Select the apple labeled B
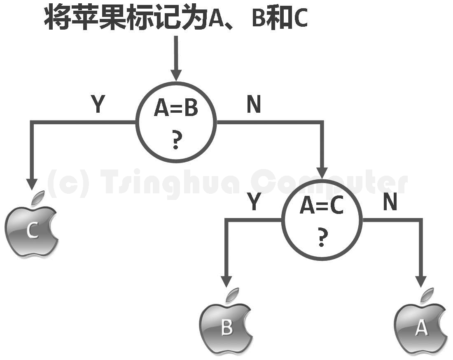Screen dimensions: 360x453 click(x=226, y=328)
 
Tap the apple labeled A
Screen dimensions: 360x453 click(x=420, y=328)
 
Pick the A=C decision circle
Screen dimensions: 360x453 click(x=322, y=220)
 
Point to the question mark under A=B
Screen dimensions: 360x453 click(x=176, y=141)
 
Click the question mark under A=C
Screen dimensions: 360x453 click(x=322, y=238)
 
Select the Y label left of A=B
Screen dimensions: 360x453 click(x=98, y=105)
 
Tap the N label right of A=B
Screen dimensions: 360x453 click(x=254, y=105)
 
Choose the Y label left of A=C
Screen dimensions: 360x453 click(x=254, y=202)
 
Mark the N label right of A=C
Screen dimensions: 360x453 click(x=390, y=202)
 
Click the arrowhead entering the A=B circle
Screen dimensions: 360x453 click(x=176, y=75)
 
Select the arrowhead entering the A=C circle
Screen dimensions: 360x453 click(x=322, y=172)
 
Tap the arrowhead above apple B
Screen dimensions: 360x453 click(x=226, y=281)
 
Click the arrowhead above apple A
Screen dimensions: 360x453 click(x=420, y=281)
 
